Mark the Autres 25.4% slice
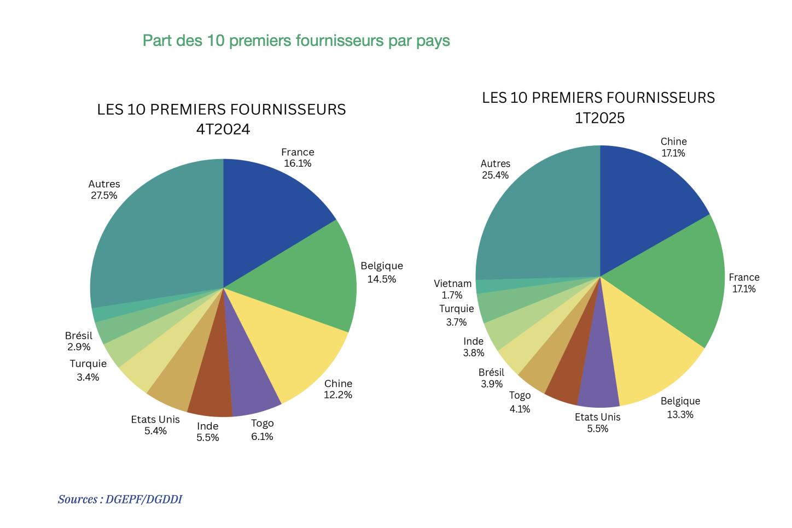point(536,219)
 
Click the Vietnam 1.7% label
point(452,289)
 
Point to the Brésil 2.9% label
point(79,341)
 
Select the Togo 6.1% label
point(262,430)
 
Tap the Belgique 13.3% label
point(680,408)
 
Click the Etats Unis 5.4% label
point(155,425)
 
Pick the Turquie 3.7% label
point(456,315)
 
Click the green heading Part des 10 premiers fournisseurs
point(296,40)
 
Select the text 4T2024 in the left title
point(223,129)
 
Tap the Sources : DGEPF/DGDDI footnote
point(120,499)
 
